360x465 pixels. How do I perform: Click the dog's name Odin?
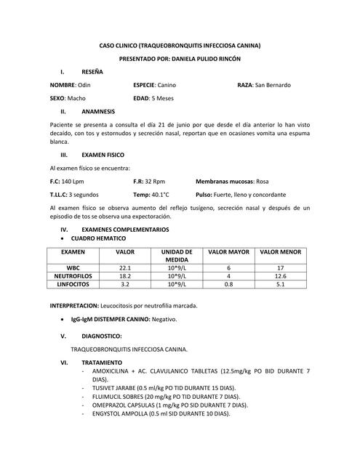[84, 85]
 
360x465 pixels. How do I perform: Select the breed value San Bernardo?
[273, 85]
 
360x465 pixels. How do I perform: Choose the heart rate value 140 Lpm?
[73, 182]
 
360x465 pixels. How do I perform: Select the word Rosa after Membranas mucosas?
[263, 182]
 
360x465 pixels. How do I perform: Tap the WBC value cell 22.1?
[125, 267]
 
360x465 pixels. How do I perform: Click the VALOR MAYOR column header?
[228, 251]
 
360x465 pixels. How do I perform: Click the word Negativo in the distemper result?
[164, 320]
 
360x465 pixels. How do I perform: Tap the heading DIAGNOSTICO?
[102, 336]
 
